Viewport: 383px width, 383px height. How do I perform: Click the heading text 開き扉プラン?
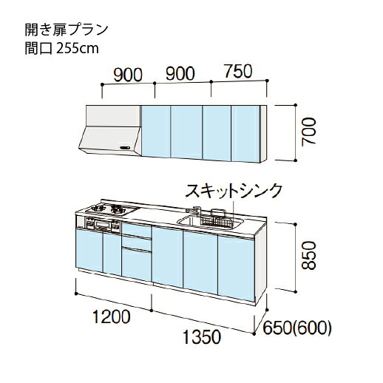point(67,30)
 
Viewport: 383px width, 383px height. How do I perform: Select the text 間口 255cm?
point(61,48)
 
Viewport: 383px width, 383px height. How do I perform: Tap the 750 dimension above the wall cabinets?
point(239,71)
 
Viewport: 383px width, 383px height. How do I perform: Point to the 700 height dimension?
point(309,131)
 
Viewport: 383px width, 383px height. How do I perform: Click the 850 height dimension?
point(309,255)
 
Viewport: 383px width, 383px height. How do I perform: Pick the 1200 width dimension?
point(111,316)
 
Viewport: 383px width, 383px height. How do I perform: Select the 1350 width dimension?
point(202,337)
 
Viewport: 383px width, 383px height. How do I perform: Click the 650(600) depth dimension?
point(297,328)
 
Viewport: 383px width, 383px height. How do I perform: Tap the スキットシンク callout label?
point(233,191)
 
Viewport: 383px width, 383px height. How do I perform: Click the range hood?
point(110,130)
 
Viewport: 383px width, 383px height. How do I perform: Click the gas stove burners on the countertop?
point(109,209)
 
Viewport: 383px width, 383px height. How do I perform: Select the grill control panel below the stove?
point(103,224)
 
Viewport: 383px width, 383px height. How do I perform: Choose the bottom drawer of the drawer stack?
point(136,265)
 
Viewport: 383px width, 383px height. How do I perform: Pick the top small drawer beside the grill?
point(136,229)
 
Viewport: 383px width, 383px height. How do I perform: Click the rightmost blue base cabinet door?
point(236,268)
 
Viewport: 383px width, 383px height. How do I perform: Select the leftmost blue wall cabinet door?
point(156,131)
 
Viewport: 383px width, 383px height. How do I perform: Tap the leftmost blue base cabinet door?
point(89,250)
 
